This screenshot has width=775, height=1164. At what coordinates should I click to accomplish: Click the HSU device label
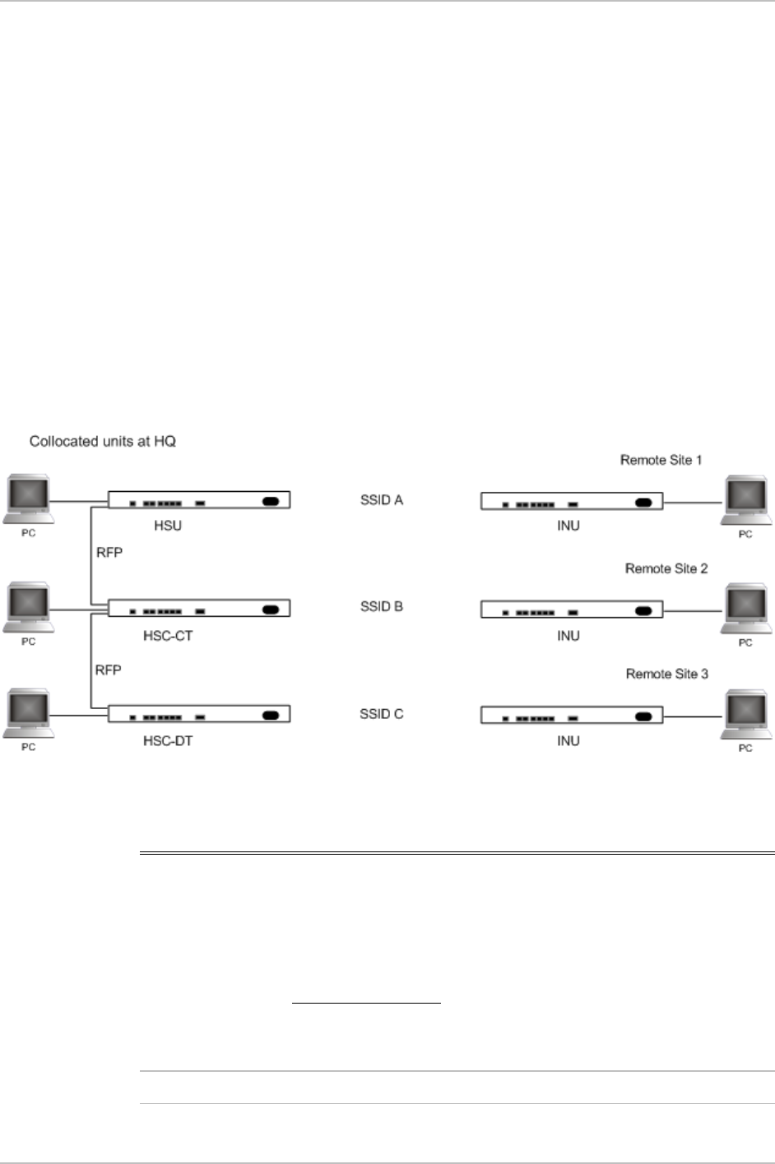coord(168,526)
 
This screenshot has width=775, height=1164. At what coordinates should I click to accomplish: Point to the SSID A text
coord(382,499)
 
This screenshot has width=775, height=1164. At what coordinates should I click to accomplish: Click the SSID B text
coord(382,606)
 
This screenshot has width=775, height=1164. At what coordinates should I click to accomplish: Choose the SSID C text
coord(382,713)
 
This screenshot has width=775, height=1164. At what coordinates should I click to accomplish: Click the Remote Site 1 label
coord(661,460)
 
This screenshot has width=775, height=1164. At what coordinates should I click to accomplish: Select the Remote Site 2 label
coord(666,568)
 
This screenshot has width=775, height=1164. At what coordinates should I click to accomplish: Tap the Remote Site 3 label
coord(666,674)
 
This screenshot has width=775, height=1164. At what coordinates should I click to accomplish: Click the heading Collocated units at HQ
coord(103,442)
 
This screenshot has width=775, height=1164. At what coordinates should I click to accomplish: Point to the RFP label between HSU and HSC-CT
coord(108,553)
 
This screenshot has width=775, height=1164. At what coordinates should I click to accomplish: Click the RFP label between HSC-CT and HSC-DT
coord(108,670)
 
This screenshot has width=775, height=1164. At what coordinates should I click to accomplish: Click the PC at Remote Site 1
coord(745,502)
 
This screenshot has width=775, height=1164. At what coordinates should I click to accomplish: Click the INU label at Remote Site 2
coord(568,636)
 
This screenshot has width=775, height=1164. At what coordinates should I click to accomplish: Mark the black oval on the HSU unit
coord(271,501)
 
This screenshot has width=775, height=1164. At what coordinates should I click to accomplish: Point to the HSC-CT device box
coord(199,610)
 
